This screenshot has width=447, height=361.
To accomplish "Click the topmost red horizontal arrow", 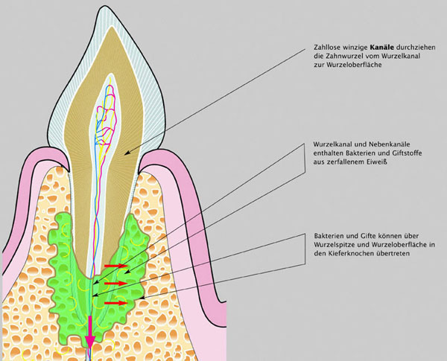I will point(116,265).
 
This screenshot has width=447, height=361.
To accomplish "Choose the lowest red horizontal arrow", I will point(117,303).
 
